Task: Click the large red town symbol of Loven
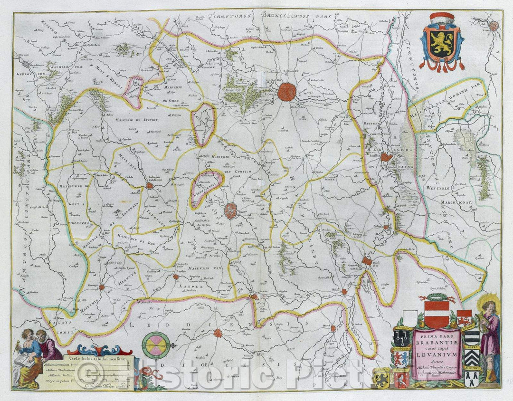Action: pos(287,92)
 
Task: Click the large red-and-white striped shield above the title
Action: pos(437,314)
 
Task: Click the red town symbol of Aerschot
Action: pos(387,157)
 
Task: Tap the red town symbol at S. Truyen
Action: pos(218,333)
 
